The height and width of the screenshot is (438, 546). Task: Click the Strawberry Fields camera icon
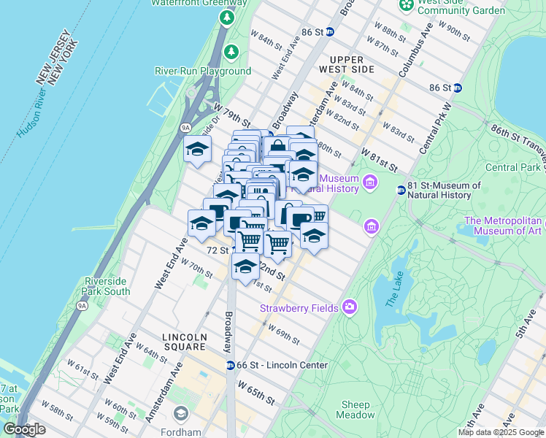350,307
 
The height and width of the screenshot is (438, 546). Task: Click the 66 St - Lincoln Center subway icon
230,365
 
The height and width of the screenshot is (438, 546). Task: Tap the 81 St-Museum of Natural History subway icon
401,191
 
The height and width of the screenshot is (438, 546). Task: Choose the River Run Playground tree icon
231,52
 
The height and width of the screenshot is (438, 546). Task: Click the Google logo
25,429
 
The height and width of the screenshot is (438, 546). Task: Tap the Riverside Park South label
107,286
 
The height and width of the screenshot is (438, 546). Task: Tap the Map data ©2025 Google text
501,432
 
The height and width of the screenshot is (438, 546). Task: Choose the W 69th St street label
283,335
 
